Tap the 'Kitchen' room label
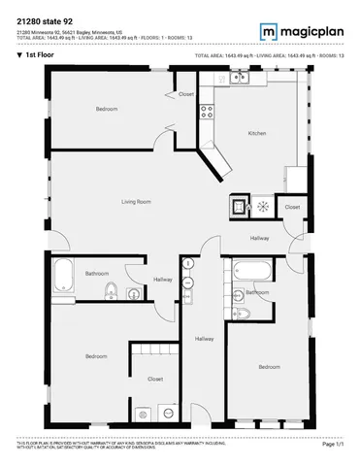(257, 132)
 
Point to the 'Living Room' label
(136, 201)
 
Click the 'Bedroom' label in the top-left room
(107, 109)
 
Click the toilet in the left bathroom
(113, 288)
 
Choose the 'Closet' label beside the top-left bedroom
(186, 94)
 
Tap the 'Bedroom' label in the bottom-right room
(270, 366)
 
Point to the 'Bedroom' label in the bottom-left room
(96, 356)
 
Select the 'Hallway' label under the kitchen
(260, 238)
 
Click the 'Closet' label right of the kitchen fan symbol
(293, 207)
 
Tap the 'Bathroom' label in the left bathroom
(96, 274)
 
